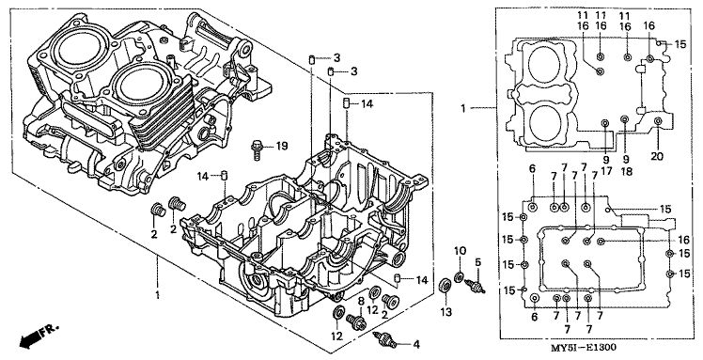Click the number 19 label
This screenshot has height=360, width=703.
point(282,146)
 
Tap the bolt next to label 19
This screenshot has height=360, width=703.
point(257,149)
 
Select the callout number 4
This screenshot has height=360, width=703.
point(416,345)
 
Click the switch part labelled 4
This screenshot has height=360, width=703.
point(385,340)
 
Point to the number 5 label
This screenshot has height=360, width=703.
point(478,262)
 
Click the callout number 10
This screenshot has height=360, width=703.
point(461,251)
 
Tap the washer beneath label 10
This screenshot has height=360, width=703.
point(459,277)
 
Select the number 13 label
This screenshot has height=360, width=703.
point(446,312)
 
